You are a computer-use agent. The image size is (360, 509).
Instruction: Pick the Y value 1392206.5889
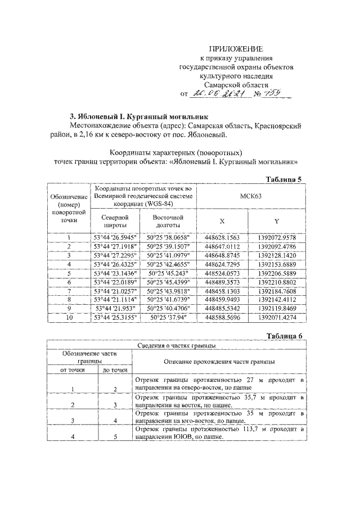pyautogui.click(x=277, y=272)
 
